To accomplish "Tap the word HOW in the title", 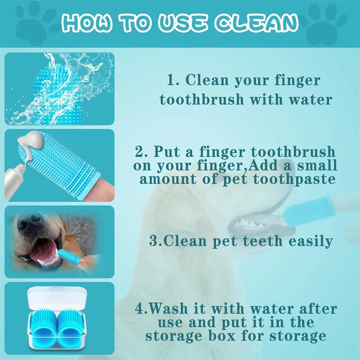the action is click(87, 23).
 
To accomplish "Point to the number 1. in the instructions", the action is click(174, 80).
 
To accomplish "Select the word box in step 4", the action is click(222, 336).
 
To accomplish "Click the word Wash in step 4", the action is click(168, 309).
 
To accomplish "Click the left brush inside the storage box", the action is click(44, 326).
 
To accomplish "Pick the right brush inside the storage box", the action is click(70, 326).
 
